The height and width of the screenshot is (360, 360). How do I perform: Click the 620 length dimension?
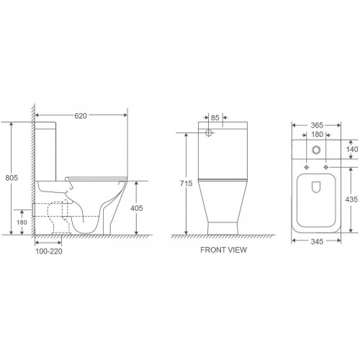[x=81, y=116]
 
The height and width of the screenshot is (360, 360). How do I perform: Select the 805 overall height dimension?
[x=12, y=178]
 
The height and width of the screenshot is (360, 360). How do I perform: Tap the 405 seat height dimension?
[x=137, y=208]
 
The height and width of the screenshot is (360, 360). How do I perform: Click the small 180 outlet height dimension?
[x=22, y=222]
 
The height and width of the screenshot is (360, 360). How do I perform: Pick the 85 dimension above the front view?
[x=215, y=117]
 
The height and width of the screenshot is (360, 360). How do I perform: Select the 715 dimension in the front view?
[x=186, y=184]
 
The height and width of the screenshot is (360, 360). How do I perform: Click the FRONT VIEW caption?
[x=223, y=250]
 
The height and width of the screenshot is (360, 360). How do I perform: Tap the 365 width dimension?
[x=317, y=125]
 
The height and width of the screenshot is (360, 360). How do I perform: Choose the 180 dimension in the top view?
[x=317, y=135]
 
